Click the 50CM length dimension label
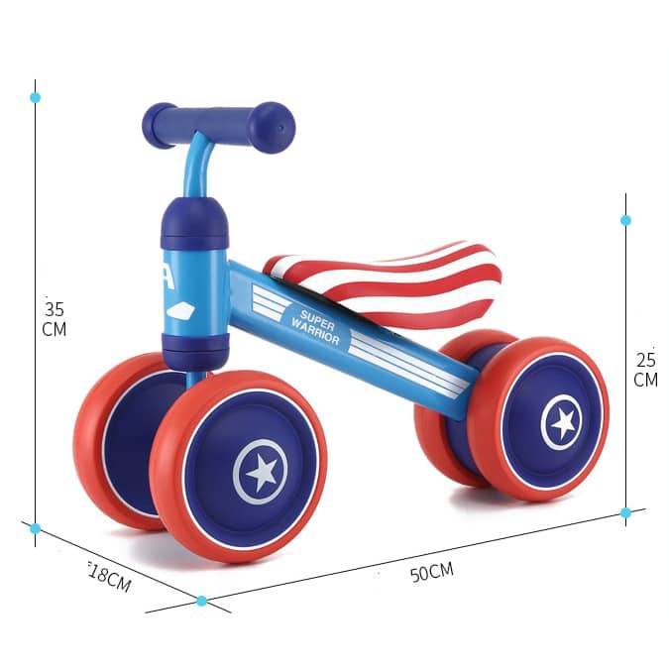432,572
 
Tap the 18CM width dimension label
110,578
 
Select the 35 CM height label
55,319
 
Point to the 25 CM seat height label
645,370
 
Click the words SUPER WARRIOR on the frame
316,327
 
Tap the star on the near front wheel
261,473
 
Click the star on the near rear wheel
562,423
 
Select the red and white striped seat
383,281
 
